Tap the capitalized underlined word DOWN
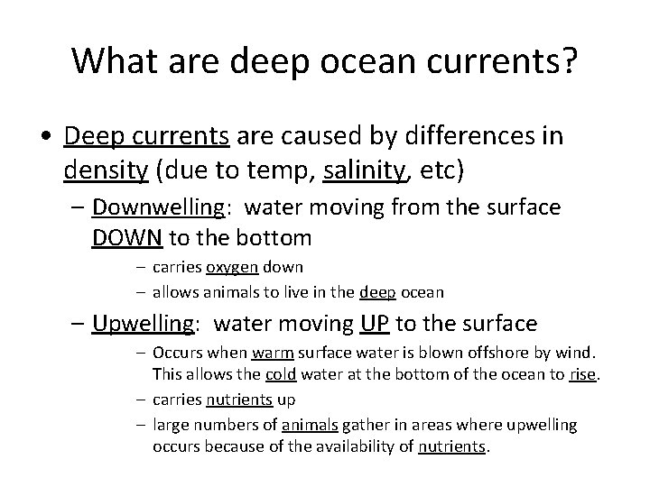click(x=127, y=238)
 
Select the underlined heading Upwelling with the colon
click(x=150, y=323)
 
